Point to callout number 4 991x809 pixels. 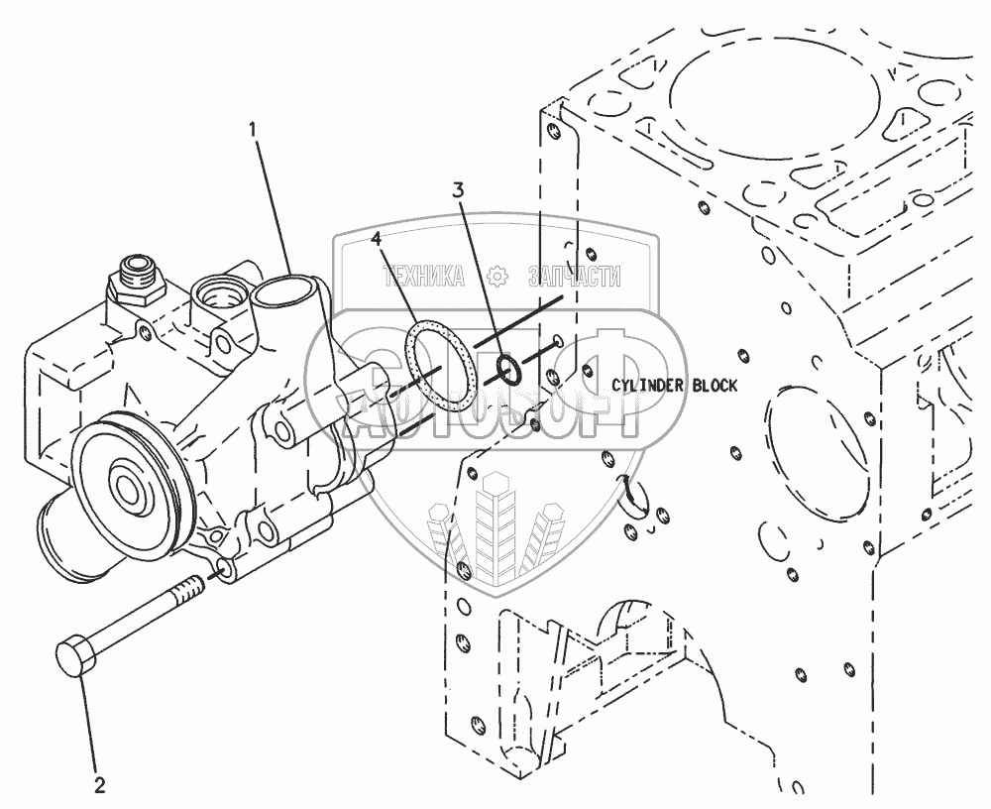point(378,238)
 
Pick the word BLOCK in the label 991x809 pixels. point(716,386)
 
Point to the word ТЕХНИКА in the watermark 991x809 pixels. point(424,279)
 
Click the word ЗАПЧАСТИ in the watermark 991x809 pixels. point(575,279)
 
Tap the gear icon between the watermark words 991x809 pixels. point(500,279)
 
